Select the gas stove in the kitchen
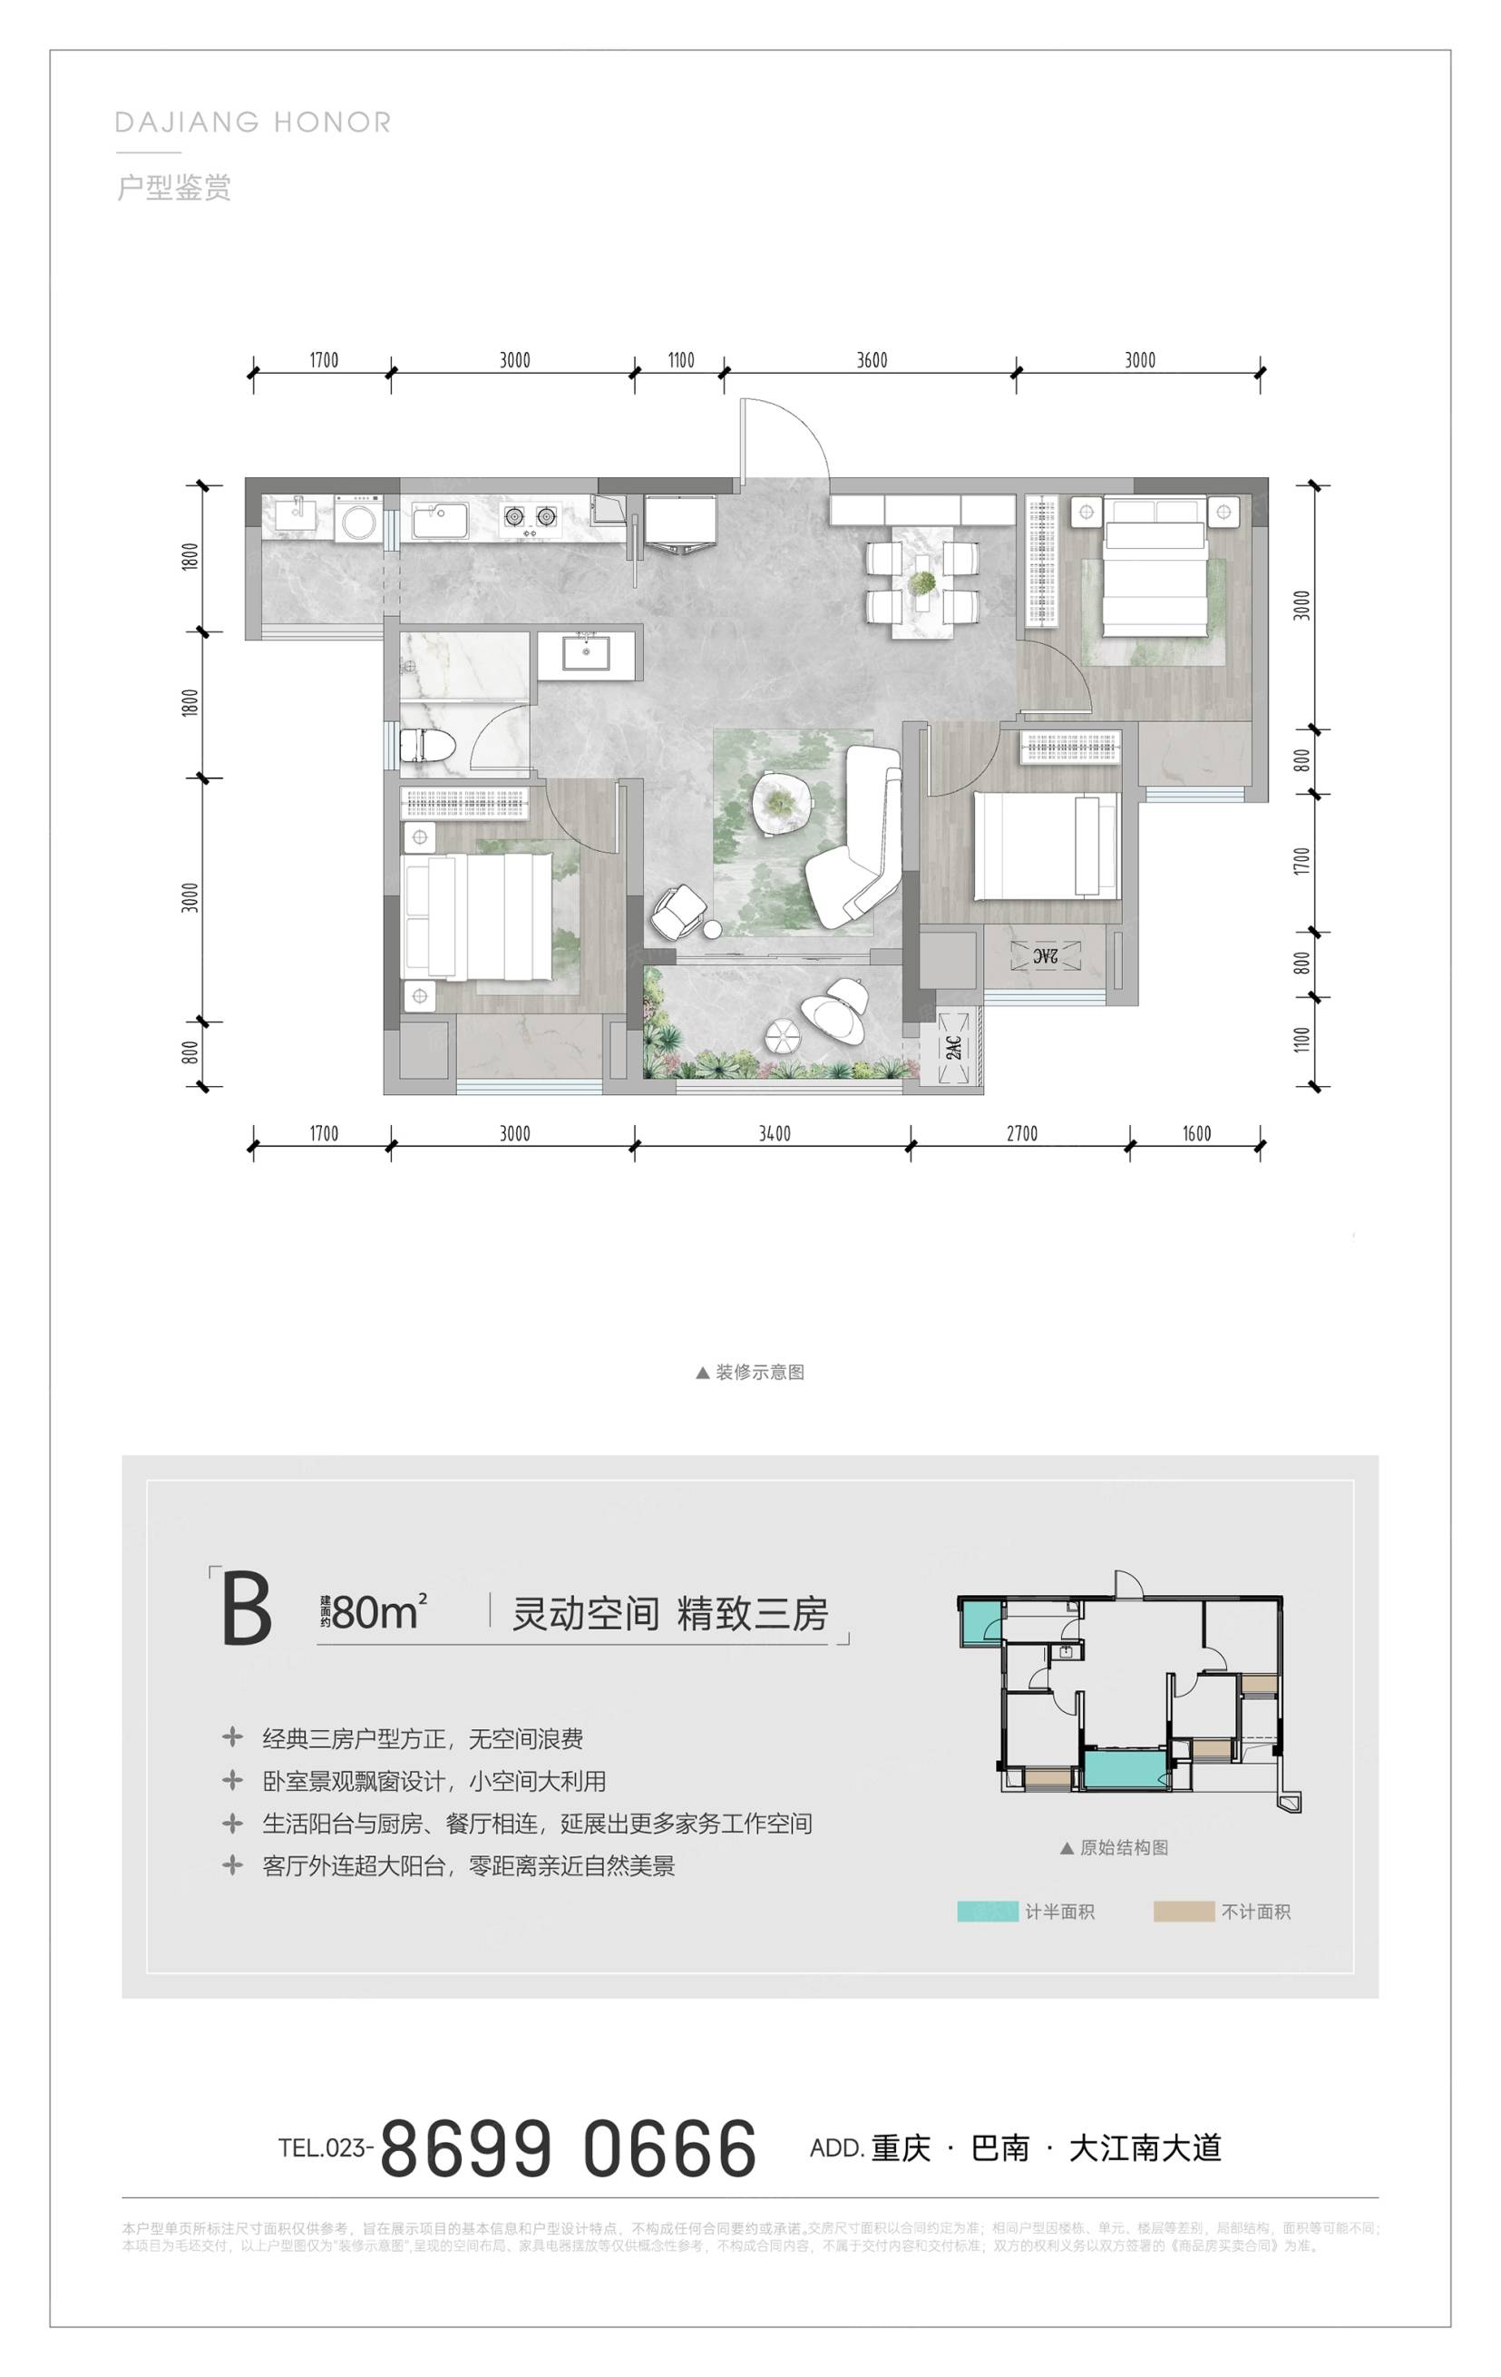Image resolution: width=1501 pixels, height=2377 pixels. click(x=530, y=515)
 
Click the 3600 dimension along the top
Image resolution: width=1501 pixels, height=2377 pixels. click(x=872, y=360)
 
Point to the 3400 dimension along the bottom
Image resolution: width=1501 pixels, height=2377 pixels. click(x=775, y=1133)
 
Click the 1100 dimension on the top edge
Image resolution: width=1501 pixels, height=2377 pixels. click(x=681, y=360)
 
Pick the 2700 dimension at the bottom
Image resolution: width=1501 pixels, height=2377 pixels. click(x=1021, y=1133)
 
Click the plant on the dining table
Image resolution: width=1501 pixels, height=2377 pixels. click(x=922, y=583)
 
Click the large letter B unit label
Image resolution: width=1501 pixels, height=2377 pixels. click(x=246, y=1610)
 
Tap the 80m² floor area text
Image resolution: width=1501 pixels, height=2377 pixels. click(x=379, y=1613)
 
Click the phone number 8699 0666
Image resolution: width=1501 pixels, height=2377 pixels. click(x=569, y=2150)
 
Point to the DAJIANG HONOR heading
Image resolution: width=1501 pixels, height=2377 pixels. click(x=254, y=122)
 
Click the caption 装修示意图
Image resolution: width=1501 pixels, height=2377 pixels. click(x=759, y=1372)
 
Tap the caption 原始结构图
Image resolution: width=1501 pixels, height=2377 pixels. click(x=1123, y=1847)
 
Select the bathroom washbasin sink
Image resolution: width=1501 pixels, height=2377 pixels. click(x=586, y=652)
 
